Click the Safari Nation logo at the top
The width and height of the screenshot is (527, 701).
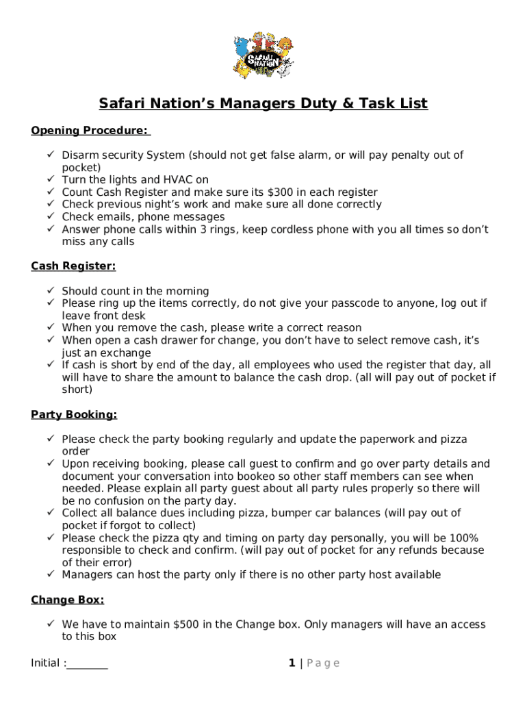pos(263,55)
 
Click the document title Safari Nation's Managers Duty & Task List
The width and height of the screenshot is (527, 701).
pos(263,104)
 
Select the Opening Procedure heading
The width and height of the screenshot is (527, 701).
pos(90,131)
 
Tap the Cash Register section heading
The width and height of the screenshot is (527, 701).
pos(73,266)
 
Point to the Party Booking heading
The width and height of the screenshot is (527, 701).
pos(74,415)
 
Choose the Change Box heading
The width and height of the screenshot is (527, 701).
pos(68,600)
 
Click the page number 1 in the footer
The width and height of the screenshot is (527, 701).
pos(292,663)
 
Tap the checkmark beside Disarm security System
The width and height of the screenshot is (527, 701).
pos(51,155)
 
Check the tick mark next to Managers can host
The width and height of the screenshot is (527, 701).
pos(51,575)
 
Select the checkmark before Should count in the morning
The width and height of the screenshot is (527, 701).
pos(51,291)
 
